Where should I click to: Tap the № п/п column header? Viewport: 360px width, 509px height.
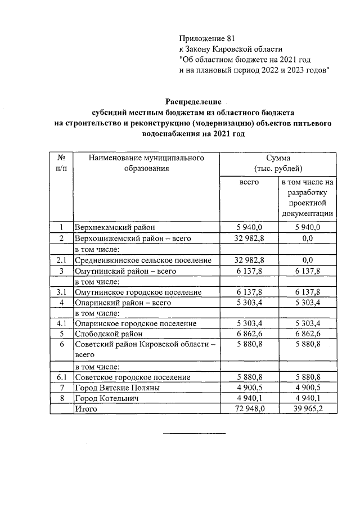(x=62, y=163)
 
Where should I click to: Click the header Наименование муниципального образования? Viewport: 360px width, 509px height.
(x=146, y=163)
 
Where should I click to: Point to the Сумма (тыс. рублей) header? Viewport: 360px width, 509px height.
(x=278, y=163)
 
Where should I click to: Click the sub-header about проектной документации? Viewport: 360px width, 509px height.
(x=308, y=198)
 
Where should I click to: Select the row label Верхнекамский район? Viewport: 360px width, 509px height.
(x=114, y=228)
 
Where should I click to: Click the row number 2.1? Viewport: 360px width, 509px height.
(x=62, y=260)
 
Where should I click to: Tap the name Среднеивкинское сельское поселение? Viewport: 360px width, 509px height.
(x=143, y=260)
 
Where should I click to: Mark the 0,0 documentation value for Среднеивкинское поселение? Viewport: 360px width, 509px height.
(x=308, y=260)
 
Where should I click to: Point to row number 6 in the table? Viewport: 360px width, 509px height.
(x=62, y=345)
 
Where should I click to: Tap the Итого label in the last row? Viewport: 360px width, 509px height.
(x=86, y=409)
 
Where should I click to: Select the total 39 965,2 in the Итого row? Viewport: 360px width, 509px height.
(x=308, y=409)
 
